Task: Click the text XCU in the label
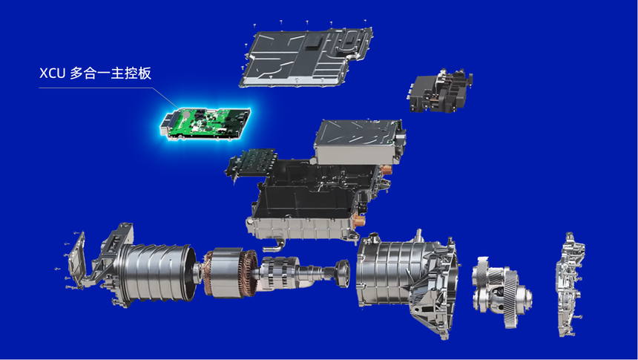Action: pyautogui.click(x=53, y=73)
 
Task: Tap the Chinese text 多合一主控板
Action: pyautogui.click(x=111, y=73)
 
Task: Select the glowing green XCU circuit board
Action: pyautogui.click(x=205, y=123)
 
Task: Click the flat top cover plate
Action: pyautogui.click(x=306, y=57)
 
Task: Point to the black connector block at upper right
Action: pyautogui.click(x=440, y=91)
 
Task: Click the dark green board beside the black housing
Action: pyautogui.click(x=251, y=166)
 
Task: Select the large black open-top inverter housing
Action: pyautogui.click(x=313, y=192)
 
